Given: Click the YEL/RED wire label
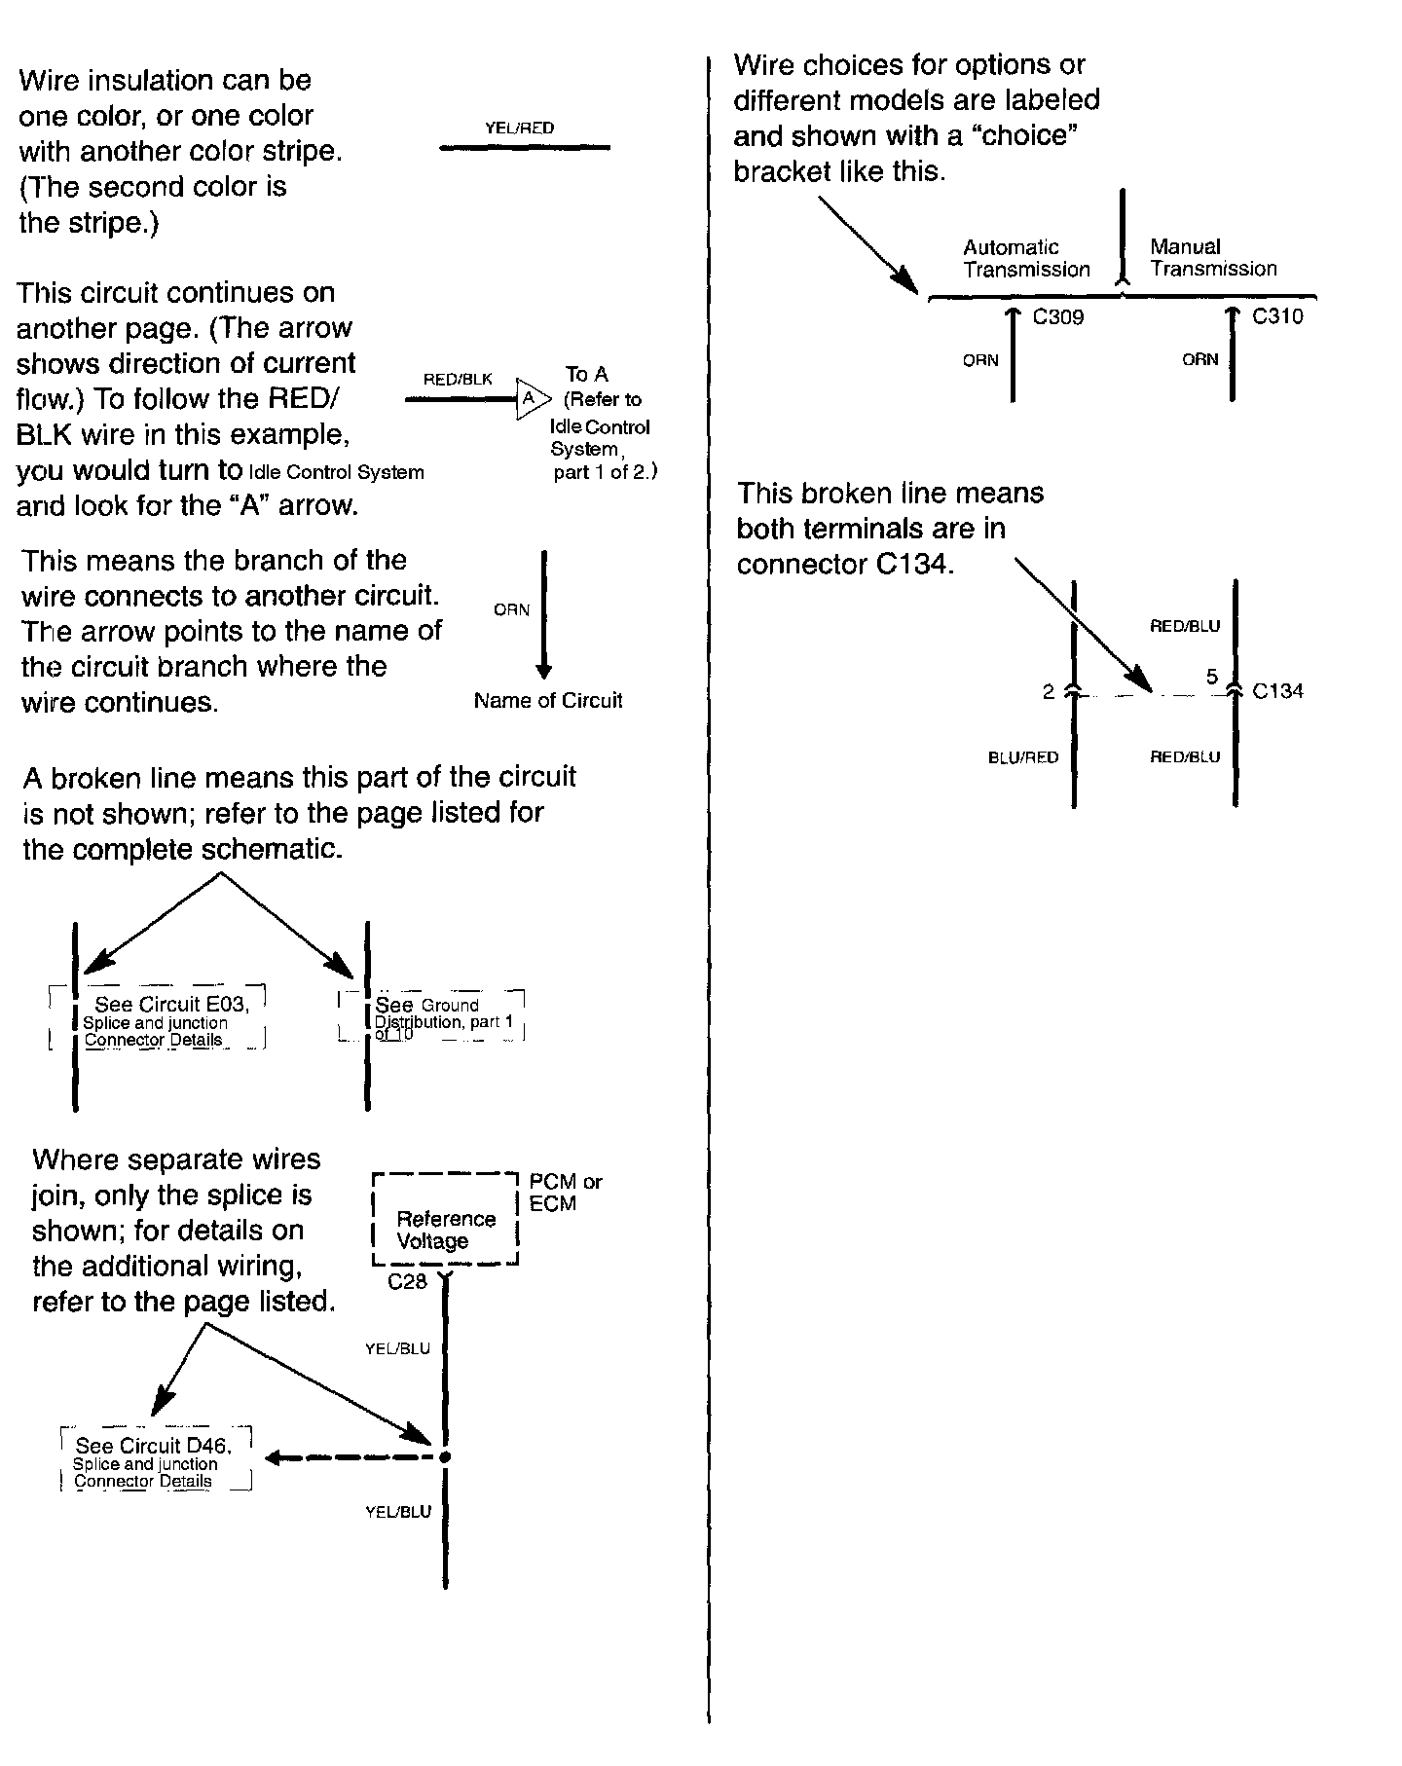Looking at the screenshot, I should [519, 128].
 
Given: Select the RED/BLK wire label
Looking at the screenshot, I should [458, 379].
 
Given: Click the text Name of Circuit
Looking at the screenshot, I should [547, 700].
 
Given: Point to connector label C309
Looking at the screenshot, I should [1057, 317].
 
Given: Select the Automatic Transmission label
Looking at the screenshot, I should [1026, 258].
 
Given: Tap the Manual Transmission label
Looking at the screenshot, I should [1212, 258].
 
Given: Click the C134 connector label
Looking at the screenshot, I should [1277, 691].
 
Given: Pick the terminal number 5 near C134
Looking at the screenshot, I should [1211, 677].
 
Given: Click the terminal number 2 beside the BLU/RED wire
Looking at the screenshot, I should [1048, 692].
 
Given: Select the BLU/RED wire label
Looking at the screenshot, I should [1022, 757].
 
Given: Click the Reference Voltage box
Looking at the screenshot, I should [446, 1220].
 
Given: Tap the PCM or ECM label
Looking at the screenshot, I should [565, 1193].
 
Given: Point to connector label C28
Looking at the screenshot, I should [407, 1282].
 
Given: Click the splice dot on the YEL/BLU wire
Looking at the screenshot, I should [445, 1457].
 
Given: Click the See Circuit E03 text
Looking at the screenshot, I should [171, 1005].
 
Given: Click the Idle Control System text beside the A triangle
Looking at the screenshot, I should [600, 438].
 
